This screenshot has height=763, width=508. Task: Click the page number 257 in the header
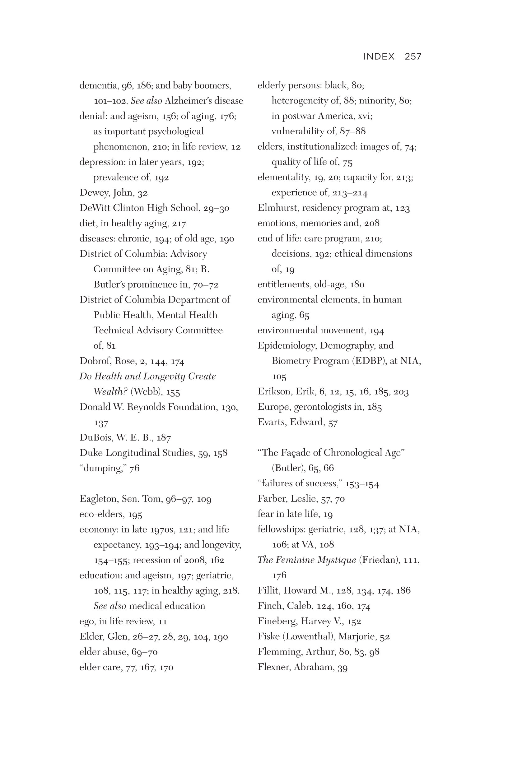(413, 56)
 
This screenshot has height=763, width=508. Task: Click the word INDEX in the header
(379, 56)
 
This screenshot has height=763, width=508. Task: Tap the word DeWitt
(95, 208)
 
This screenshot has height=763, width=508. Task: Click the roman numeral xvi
(365, 116)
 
